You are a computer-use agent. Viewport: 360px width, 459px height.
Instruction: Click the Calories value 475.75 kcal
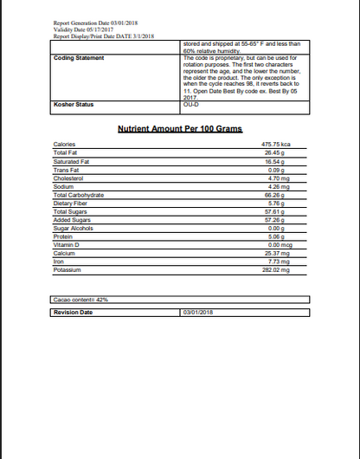(276, 144)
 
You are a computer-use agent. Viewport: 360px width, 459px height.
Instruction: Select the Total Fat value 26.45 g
(276, 152)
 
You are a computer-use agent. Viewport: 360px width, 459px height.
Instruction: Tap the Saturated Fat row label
(72, 161)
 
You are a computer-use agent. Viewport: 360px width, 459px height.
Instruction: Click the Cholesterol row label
(68, 178)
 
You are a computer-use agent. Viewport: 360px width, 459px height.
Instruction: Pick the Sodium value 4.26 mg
(277, 186)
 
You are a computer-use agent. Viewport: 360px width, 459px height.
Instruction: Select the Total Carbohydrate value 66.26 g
(276, 195)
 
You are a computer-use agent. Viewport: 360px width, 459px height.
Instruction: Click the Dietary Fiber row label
(71, 203)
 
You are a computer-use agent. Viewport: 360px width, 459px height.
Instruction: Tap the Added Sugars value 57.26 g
(276, 220)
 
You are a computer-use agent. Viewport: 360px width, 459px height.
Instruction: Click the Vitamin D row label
(67, 244)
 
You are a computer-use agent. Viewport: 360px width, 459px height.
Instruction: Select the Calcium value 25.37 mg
(277, 253)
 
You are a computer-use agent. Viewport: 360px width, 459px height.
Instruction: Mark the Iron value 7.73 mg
(277, 262)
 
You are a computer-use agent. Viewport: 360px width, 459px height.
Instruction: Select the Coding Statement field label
(79, 58)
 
